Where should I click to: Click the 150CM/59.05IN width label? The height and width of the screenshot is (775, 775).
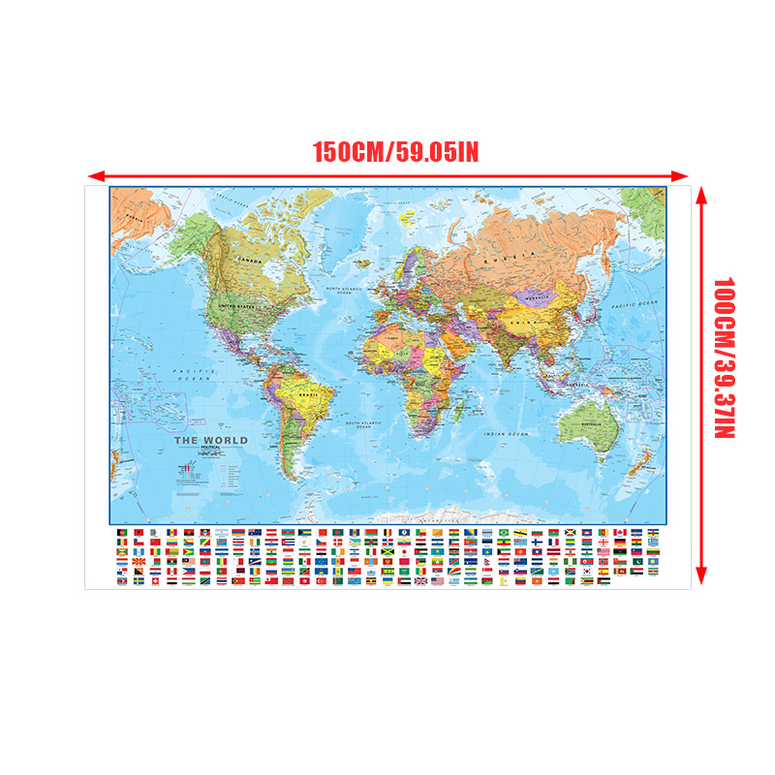(395, 152)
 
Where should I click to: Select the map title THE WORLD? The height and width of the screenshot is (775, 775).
(210, 441)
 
